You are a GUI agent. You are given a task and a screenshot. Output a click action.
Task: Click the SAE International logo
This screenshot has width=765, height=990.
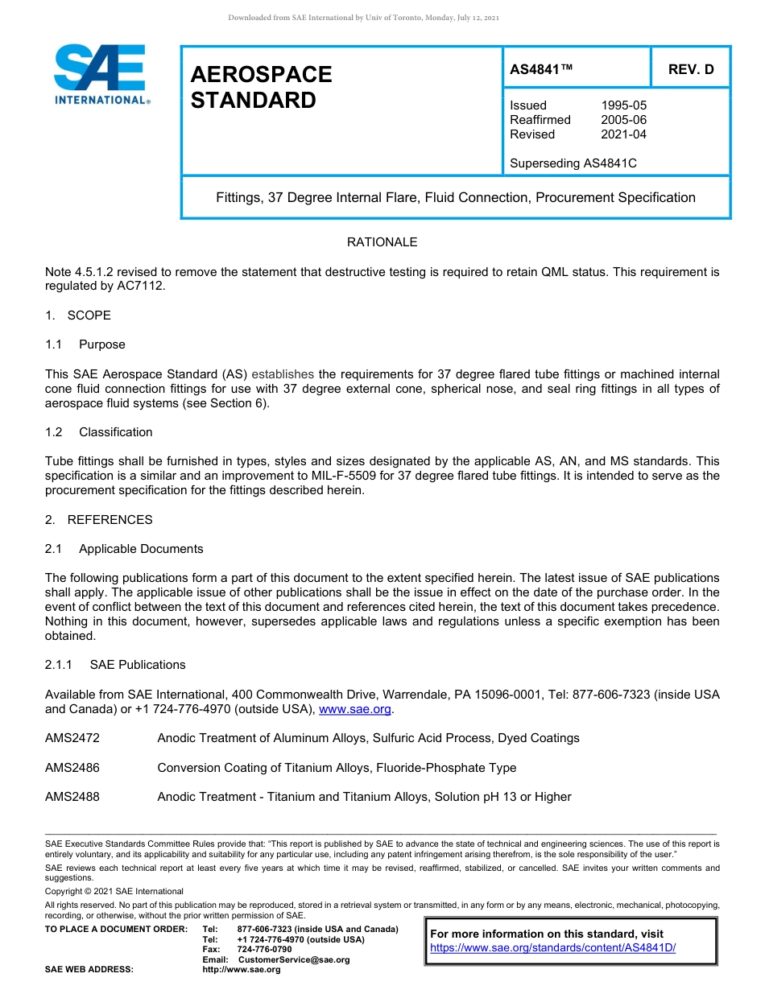tap(101, 74)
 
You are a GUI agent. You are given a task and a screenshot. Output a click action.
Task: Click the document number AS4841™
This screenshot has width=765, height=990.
tap(541, 69)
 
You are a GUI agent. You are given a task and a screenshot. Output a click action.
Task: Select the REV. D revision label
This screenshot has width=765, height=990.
tap(690, 69)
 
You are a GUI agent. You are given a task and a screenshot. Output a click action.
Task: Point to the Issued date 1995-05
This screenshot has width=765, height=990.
tap(623, 105)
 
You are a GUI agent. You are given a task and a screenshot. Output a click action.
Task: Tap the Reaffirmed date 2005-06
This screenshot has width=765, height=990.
tap(623, 120)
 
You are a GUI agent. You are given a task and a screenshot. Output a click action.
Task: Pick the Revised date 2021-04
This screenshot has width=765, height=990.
tap(623, 134)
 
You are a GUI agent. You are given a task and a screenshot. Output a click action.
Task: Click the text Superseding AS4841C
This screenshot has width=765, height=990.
tap(573, 163)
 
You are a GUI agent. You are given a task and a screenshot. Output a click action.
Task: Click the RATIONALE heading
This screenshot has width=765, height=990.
tap(382, 242)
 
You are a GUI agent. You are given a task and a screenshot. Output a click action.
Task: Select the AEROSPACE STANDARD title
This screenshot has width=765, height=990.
tap(261, 87)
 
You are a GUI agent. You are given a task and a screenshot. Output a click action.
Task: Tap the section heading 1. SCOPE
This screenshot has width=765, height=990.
tap(78, 316)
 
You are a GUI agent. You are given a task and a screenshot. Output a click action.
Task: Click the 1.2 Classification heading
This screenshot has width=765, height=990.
tap(99, 432)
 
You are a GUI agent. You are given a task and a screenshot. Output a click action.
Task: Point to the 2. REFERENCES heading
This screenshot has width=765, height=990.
tap(98, 520)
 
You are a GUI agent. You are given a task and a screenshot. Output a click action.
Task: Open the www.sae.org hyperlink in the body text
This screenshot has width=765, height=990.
tap(355, 709)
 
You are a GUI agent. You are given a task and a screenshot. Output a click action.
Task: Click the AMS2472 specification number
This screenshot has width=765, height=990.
tap(72, 738)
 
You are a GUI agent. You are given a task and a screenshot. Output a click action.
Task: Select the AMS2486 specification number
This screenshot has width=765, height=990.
tap(72, 768)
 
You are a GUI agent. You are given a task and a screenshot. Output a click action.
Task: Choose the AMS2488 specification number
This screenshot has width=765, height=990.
tap(72, 797)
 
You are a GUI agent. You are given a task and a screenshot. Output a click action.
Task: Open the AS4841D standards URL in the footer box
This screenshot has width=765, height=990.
tap(552, 948)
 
